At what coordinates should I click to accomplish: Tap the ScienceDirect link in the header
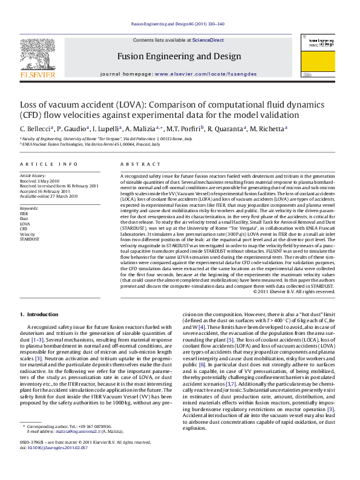208,40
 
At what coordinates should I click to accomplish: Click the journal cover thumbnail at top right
318,57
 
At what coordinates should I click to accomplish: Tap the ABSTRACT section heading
136,164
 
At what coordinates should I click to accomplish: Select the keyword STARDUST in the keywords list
30,239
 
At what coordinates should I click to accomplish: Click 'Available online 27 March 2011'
50,195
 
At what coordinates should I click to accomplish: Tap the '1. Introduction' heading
39,314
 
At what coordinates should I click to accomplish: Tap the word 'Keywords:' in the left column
29,208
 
